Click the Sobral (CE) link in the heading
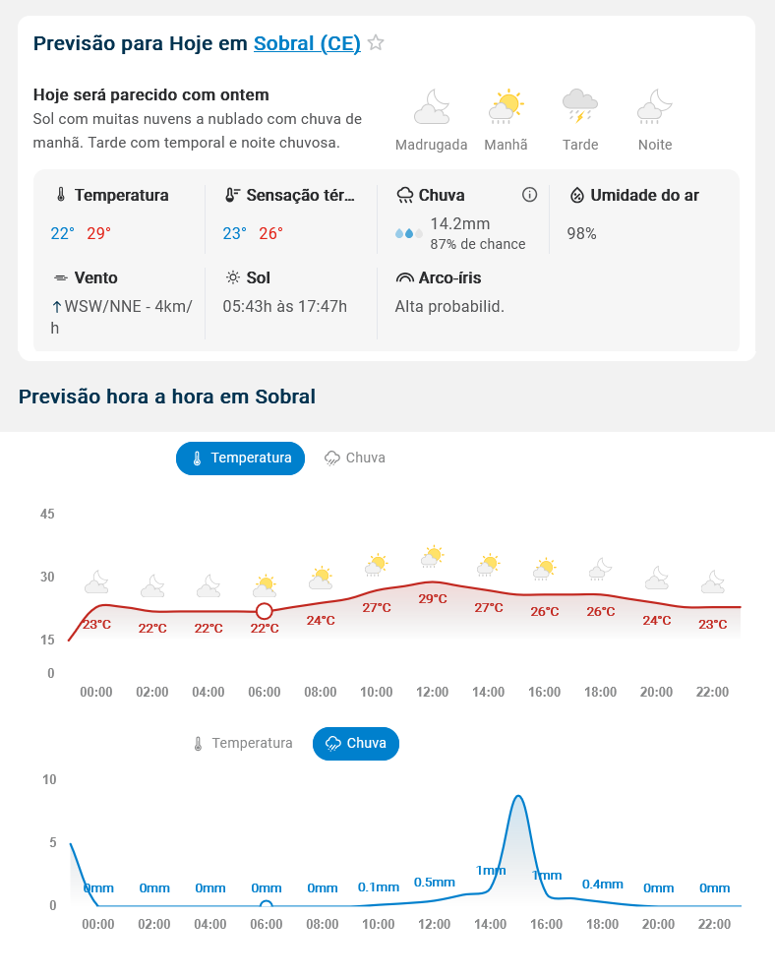pyautogui.click(x=307, y=43)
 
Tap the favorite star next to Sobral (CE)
pyautogui.click(x=376, y=43)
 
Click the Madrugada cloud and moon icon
pyautogui.click(x=432, y=106)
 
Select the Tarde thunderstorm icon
pyautogui.click(x=580, y=105)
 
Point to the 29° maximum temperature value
pyautogui.click(x=98, y=233)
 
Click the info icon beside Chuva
pyautogui.click(x=529, y=195)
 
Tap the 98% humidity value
pyautogui.click(x=581, y=233)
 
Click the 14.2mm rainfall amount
pyautogui.click(x=459, y=223)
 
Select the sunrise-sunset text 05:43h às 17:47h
pyautogui.click(x=285, y=306)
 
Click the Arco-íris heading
pyautogui.click(x=449, y=277)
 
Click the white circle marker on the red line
pyautogui.click(x=264, y=611)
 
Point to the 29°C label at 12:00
pyautogui.click(x=433, y=598)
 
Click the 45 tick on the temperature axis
pyautogui.click(x=47, y=514)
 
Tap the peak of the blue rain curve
pyautogui.click(x=517, y=796)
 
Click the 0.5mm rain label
pyautogui.click(x=435, y=882)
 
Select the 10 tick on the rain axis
pyautogui.click(x=49, y=779)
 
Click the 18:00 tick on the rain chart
pyautogui.click(x=602, y=924)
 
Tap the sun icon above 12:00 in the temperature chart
pyautogui.click(x=432, y=557)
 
